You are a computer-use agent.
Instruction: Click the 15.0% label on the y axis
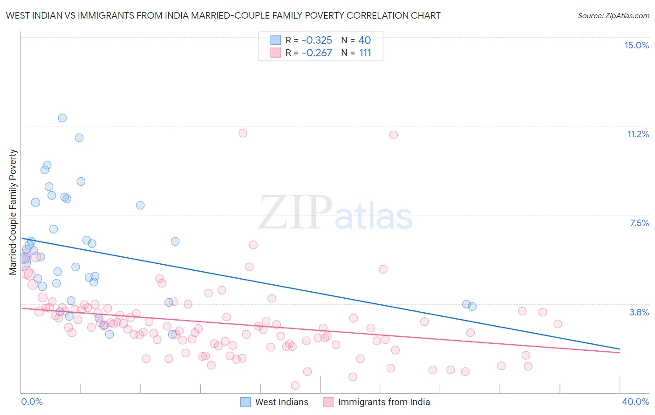(x=636, y=45)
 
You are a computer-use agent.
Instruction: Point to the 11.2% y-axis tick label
(x=638, y=134)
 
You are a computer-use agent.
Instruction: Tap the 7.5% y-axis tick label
(x=639, y=223)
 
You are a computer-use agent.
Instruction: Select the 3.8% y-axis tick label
(x=639, y=312)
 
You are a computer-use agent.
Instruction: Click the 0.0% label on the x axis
(x=32, y=402)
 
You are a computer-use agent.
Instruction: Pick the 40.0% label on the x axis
(x=635, y=402)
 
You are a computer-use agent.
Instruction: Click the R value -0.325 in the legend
(x=317, y=40)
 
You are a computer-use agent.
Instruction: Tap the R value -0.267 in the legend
(x=317, y=53)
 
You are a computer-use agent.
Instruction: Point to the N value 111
(x=365, y=53)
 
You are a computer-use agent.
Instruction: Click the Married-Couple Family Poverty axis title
(x=13, y=212)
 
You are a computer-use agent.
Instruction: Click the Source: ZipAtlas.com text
(x=613, y=15)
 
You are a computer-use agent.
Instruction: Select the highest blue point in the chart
(x=62, y=118)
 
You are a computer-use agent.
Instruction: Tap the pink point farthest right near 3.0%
(x=558, y=324)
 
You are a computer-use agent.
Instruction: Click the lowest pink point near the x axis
(x=295, y=385)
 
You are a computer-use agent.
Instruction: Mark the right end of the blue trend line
(x=620, y=348)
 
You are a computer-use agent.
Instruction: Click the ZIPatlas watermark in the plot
(x=335, y=213)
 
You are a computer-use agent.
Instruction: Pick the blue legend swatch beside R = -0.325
(x=276, y=40)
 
